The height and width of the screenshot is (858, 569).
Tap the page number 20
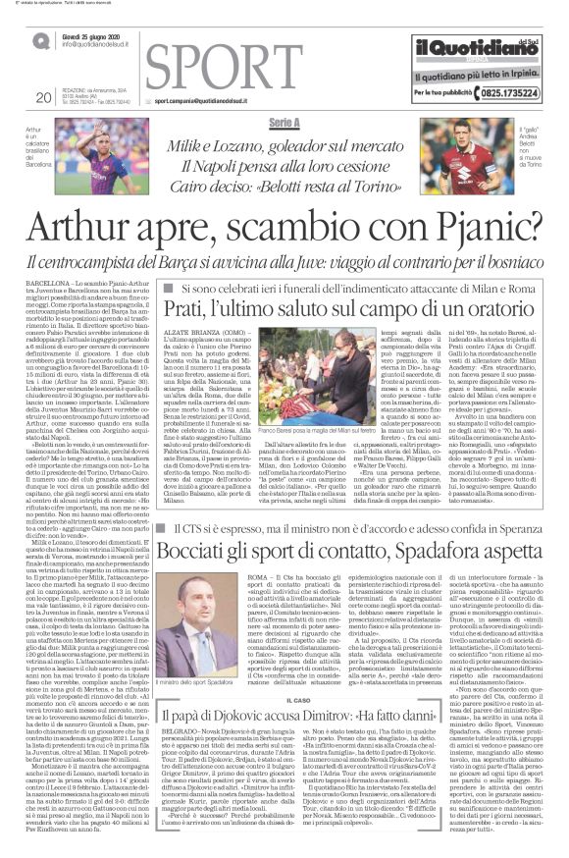[x=42, y=97]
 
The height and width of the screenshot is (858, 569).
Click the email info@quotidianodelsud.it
[x=103, y=45]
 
